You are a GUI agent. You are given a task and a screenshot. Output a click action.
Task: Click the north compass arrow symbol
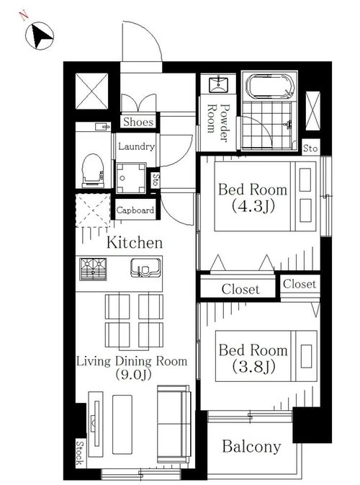tap(40, 35)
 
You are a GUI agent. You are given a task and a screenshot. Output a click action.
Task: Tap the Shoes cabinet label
tap(138, 122)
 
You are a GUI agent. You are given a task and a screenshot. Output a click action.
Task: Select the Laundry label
tap(136, 146)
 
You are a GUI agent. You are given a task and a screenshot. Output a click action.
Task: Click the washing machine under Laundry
tap(131, 179)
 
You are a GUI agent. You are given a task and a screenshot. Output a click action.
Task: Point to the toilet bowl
tap(92, 169)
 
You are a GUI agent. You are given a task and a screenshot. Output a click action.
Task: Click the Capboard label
tap(135, 210)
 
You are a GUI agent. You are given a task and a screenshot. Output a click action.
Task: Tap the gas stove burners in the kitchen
tap(93, 269)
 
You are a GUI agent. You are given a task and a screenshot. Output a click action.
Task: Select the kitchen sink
tap(145, 268)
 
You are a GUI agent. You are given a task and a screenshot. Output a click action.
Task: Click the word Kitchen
tap(135, 242)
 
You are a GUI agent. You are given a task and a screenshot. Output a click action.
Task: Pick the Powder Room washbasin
tap(218, 84)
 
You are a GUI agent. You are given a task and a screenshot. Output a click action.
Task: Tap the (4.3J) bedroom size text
tap(253, 206)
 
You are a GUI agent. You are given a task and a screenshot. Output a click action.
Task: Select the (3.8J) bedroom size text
tap(253, 367)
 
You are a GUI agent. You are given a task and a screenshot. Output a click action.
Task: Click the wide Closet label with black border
tap(240, 289)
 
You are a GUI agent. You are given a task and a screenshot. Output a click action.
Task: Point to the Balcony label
tap(251, 447)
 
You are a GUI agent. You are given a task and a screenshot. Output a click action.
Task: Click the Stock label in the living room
tap(80, 453)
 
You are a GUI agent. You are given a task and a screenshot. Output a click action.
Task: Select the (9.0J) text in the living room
tap(133, 375)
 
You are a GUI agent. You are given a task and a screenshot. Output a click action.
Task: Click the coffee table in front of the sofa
tap(122, 424)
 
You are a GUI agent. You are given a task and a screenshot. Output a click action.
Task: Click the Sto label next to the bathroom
tap(310, 148)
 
